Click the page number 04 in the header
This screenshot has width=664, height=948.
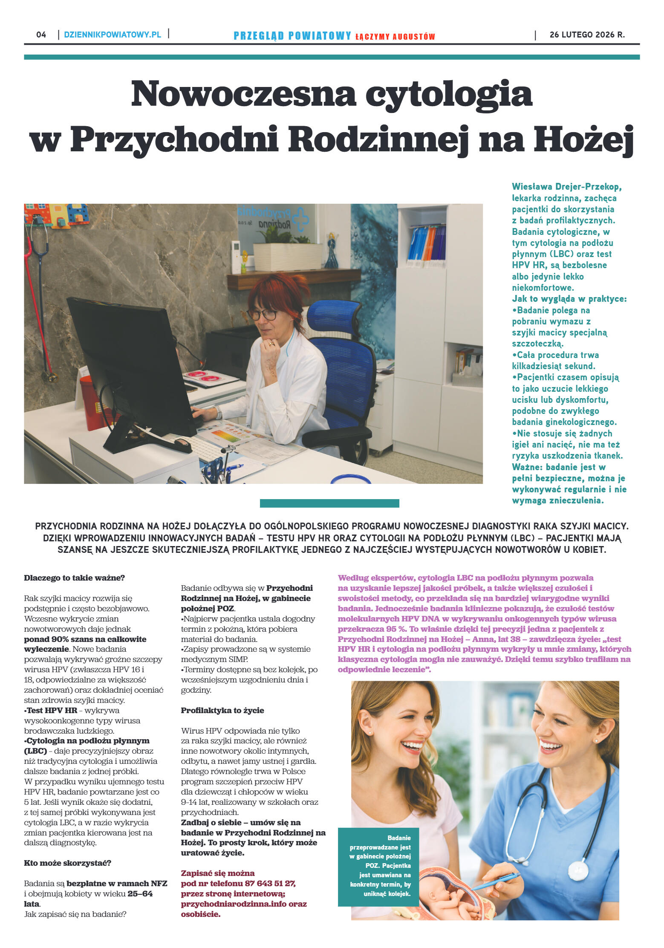(x=41, y=35)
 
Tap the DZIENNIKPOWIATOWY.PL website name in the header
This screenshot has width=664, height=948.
(x=113, y=35)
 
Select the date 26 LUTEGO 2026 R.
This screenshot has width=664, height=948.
(x=587, y=35)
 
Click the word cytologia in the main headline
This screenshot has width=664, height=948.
(x=449, y=95)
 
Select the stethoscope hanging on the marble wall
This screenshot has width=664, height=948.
(x=40, y=273)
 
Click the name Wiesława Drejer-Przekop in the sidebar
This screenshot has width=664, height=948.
(x=566, y=187)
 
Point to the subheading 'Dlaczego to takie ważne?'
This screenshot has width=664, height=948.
(x=74, y=578)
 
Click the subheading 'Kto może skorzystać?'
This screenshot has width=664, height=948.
(x=67, y=863)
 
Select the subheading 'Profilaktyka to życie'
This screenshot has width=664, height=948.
(x=222, y=711)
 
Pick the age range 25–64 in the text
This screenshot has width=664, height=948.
(x=140, y=894)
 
